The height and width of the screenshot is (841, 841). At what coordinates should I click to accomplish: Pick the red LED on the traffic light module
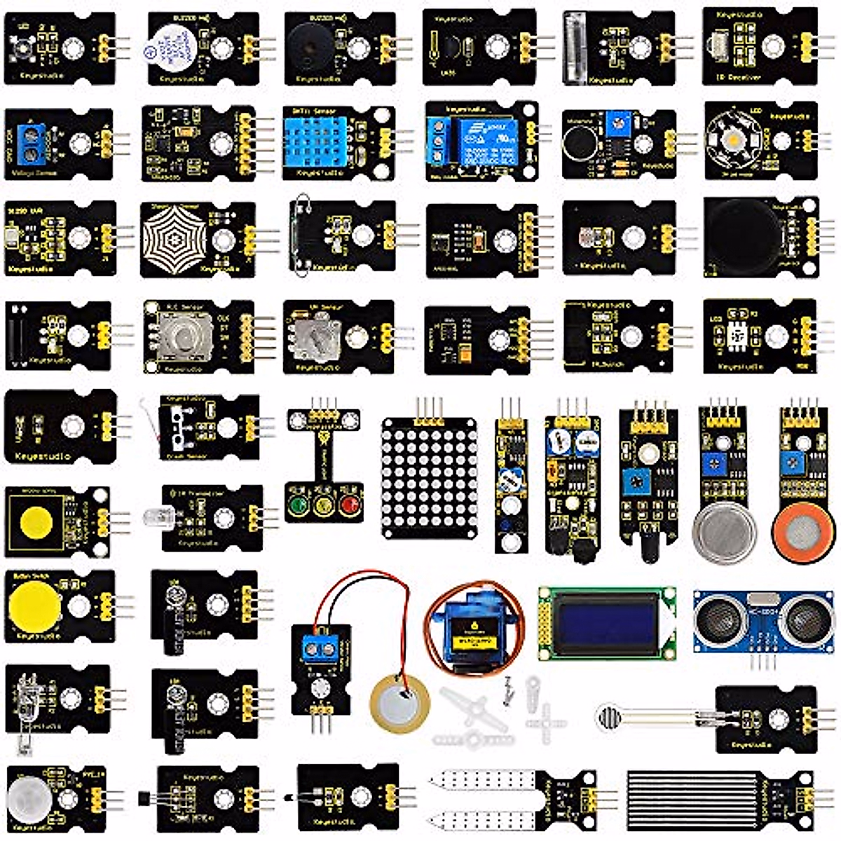[x=348, y=505]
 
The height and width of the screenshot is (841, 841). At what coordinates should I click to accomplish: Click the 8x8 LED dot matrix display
[x=428, y=477]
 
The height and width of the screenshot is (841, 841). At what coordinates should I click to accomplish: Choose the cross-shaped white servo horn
[x=545, y=721]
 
